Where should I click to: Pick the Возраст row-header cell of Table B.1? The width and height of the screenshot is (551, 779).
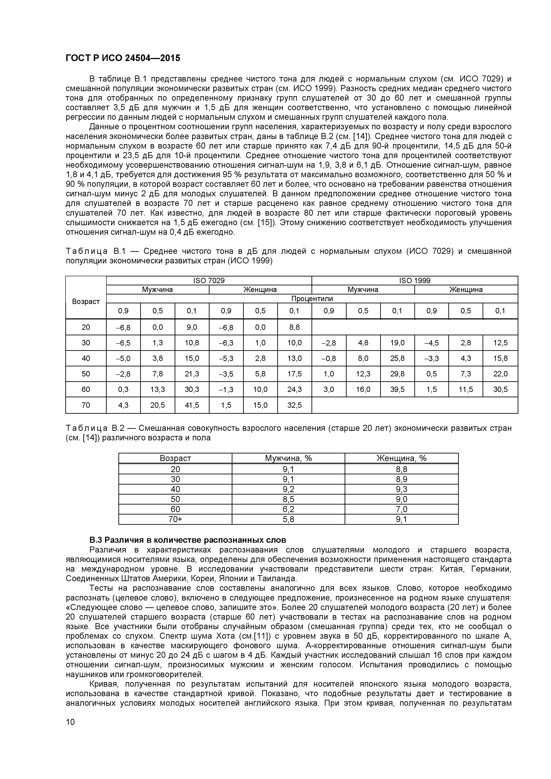tap(86, 301)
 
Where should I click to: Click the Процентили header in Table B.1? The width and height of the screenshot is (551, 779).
tap(312, 299)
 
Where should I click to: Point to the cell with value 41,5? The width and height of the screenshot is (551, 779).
tap(192, 405)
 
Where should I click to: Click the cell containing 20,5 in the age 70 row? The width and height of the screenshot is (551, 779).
tap(158, 405)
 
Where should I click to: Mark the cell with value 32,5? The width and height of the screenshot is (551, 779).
tap(294, 405)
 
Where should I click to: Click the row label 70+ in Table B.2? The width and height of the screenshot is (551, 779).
tap(175, 519)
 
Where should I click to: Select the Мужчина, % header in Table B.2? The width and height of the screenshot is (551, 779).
tap(288, 458)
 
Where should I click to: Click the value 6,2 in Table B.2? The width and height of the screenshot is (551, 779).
tap(288, 509)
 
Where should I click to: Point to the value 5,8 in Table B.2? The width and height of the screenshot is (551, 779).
tap(288, 519)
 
